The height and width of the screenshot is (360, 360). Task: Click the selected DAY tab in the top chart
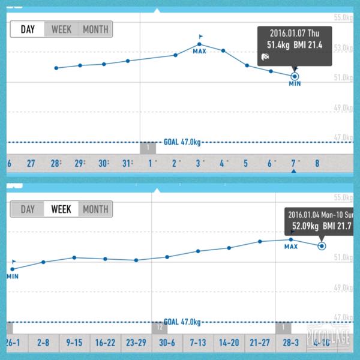pyautogui.click(x=28, y=29)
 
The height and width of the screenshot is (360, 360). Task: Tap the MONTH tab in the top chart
pyautogui.click(x=95, y=29)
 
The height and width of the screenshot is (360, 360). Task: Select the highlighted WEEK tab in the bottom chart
pyautogui.click(x=61, y=209)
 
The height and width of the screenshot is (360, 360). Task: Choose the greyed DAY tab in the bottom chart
pyautogui.click(x=28, y=209)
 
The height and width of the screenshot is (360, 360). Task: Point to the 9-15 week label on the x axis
pyautogui.click(x=74, y=343)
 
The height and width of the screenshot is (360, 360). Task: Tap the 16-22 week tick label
pyautogui.click(x=105, y=343)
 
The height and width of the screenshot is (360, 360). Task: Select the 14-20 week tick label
pyautogui.click(x=229, y=343)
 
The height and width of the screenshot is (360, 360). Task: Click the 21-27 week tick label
pyautogui.click(x=260, y=343)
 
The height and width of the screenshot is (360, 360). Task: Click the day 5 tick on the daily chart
pyautogui.click(x=246, y=163)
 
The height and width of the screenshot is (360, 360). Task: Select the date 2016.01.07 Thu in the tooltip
pyautogui.click(x=294, y=33)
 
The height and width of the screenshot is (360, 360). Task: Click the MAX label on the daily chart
pyautogui.click(x=199, y=52)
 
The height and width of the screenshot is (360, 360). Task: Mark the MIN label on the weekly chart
pyautogui.click(x=13, y=276)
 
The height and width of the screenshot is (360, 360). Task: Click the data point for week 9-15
pyautogui.click(x=74, y=257)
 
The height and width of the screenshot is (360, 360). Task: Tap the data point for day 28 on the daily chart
pyautogui.click(x=56, y=68)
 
